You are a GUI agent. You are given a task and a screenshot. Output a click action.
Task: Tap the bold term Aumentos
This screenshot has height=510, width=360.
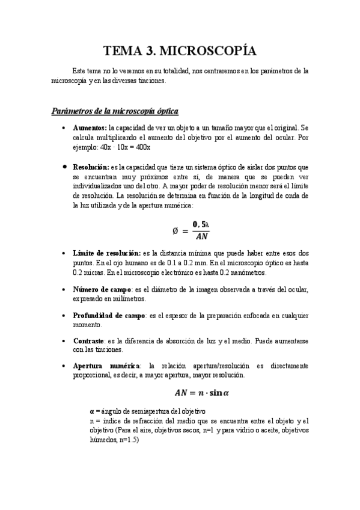click(x=90, y=128)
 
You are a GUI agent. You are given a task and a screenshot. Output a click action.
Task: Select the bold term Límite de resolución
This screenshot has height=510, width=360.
click(x=106, y=254)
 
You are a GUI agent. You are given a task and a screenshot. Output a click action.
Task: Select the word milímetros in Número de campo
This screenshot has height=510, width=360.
click(x=128, y=299)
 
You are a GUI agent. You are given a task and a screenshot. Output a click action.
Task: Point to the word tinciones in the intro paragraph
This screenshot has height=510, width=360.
click(x=147, y=80)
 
